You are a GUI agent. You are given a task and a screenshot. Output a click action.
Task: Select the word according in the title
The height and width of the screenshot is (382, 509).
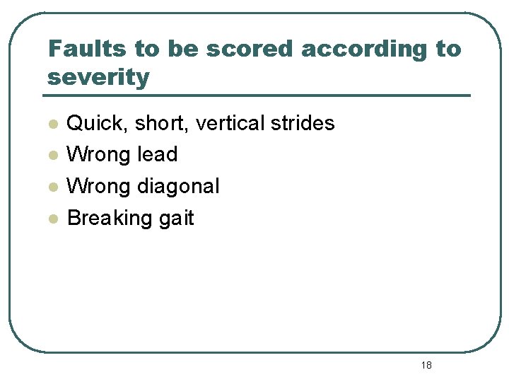360,50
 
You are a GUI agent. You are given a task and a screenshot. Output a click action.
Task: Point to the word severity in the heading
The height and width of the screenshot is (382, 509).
98,77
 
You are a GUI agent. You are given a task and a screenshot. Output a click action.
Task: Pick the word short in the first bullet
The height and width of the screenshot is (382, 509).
161,124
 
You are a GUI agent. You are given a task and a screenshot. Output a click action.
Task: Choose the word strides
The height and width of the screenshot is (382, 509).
303,123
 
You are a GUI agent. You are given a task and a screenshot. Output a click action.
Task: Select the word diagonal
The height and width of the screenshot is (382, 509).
178,186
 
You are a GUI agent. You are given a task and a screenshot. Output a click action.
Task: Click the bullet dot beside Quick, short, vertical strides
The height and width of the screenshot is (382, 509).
52,125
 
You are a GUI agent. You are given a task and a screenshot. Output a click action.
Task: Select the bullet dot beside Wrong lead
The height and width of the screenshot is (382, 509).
52,156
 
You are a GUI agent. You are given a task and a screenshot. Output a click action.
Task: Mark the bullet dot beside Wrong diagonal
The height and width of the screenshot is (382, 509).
52,187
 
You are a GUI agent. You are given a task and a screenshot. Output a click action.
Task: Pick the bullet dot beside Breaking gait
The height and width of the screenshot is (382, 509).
52,219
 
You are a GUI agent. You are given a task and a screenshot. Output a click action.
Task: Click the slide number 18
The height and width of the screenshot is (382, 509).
426,365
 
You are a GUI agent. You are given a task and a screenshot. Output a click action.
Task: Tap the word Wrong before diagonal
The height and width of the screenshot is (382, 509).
98,186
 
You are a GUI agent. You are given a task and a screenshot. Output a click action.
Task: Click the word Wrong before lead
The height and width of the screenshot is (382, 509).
98,154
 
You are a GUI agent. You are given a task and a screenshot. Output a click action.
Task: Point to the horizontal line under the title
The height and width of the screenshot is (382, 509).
258,95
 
